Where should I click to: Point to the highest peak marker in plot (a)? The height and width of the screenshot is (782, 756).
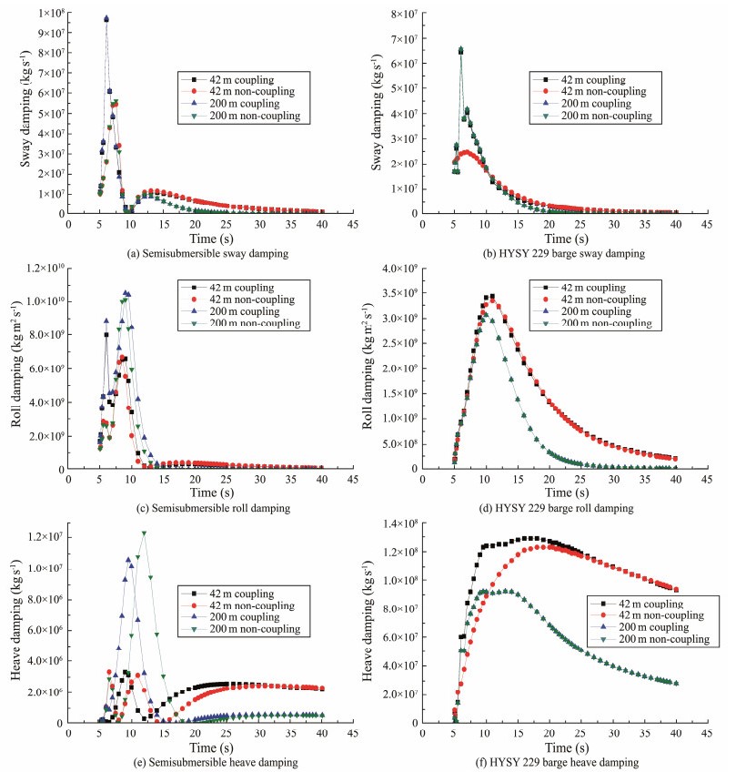point(106,18)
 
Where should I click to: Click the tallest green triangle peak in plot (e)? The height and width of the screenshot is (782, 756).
point(144,533)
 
